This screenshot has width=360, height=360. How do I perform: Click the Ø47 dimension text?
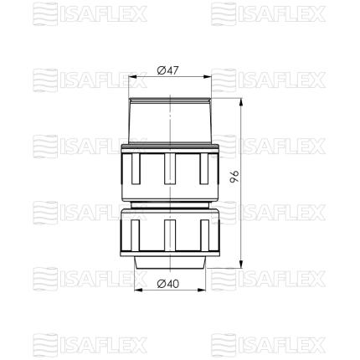[167, 70]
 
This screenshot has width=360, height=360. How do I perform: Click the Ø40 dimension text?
[167, 284]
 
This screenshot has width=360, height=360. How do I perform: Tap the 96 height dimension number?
[234, 177]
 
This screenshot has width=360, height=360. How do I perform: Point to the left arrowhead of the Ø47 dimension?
[132, 77]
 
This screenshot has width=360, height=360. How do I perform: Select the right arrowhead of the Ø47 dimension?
[208, 77]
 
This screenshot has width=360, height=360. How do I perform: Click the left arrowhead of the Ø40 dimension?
[138, 291]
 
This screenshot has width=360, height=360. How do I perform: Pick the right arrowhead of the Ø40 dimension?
[202, 291]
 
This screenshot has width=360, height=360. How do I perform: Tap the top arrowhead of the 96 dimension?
[241, 102]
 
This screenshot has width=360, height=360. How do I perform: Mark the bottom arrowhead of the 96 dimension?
[241, 264]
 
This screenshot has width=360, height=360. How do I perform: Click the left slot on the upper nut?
[136, 168]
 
